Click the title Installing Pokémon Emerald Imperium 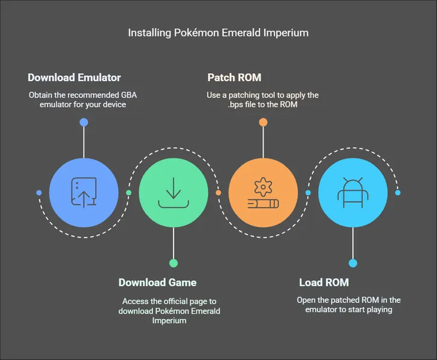pos(218,32)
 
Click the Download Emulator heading pos(74,77)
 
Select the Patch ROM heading pos(234,77)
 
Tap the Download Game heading pos(157,283)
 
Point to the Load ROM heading pos(324,283)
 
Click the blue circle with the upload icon pos(83,193)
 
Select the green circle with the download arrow pos(173,193)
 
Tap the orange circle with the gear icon pos(263,193)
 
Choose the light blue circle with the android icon pos(352,193)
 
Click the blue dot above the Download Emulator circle pos(83,122)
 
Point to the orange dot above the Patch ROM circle pos(263,122)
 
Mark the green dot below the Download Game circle pos(173,263)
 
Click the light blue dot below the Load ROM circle pos(352,263)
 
